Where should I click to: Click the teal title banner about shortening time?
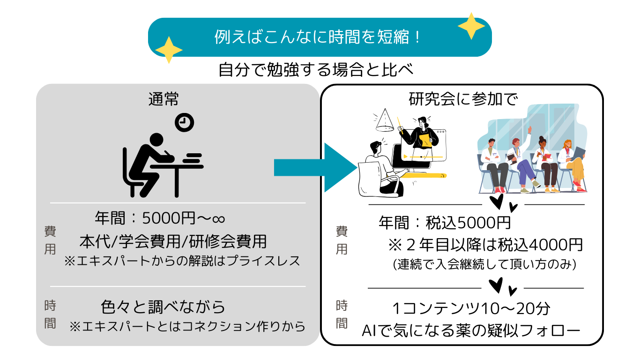pyautogui.click(x=320, y=37)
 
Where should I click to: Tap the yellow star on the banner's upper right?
pyautogui.click(x=471, y=26)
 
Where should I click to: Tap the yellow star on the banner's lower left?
pyautogui.click(x=168, y=49)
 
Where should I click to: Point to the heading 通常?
pyautogui.click(x=164, y=99)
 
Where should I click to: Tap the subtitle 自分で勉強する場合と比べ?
pyautogui.click(x=316, y=70)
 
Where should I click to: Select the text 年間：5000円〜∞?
pyautogui.click(x=160, y=218)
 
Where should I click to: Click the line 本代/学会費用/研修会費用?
pyautogui.click(x=173, y=241)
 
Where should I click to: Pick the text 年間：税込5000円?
pyautogui.click(x=444, y=222)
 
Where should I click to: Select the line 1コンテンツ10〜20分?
pyautogui.click(x=470, y=308)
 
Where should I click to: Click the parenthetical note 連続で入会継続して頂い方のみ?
pyautogui.click(x=485, y=264)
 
